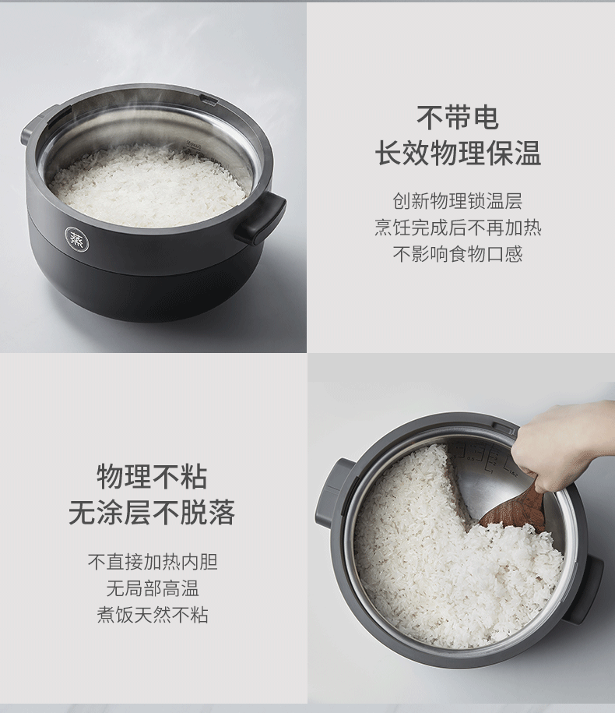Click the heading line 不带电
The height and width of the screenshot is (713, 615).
[x=457, y=118]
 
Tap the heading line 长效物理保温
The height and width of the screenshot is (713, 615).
[x=457, y=154]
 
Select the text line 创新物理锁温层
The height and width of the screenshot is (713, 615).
[x=457, y=202]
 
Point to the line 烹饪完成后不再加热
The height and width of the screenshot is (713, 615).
[x=457, y=228]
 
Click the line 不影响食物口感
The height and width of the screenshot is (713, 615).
[x=457, y=254]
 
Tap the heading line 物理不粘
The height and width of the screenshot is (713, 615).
[x=152, y=476]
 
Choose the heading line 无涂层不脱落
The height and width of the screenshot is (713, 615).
[x=152, y=513]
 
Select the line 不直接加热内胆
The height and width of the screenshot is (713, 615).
[x=152, y=562]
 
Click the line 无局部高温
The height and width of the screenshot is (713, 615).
[x=152, y=588]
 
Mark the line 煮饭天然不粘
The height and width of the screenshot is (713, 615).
[x=152, y=614]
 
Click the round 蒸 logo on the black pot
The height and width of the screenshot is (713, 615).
[x=76, y=239]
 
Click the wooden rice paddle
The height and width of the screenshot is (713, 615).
[x=514, y=510]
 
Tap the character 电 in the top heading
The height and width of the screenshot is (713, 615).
[x=485, y=118]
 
